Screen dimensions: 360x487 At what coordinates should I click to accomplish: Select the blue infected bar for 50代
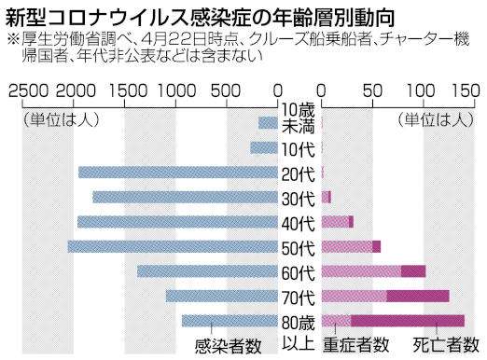174,247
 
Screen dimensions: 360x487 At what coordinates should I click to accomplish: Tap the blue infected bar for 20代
178,173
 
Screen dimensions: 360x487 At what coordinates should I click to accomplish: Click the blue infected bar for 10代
264,148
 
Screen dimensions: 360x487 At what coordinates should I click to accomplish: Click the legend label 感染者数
228,346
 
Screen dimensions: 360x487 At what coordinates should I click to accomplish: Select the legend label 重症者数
356,346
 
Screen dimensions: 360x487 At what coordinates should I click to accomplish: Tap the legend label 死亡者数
447,346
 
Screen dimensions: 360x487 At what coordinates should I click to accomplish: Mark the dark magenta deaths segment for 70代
418,297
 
